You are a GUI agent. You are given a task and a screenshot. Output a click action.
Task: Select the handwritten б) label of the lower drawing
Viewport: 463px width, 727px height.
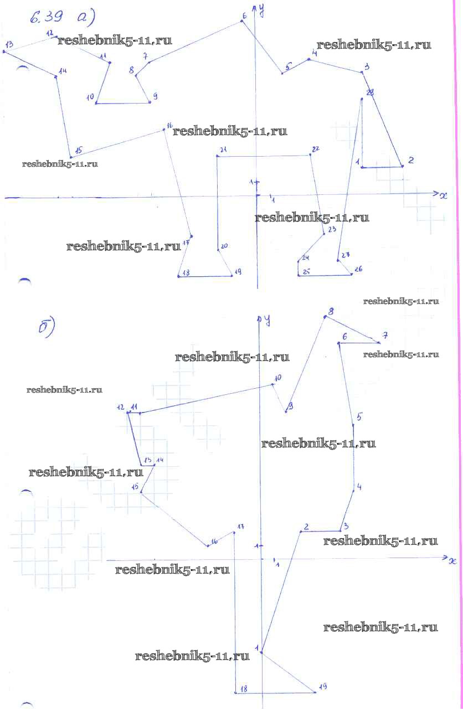[x=47, y=328]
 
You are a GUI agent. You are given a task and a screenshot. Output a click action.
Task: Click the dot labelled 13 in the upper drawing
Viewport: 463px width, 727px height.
[x=4, y=51]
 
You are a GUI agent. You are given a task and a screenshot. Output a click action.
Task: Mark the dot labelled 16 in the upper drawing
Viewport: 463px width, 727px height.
[x=164, y=130]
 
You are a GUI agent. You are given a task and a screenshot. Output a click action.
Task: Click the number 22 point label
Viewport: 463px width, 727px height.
[x=316, y=149]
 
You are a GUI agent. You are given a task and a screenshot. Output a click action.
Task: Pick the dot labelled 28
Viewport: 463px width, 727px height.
[x=362, y=99]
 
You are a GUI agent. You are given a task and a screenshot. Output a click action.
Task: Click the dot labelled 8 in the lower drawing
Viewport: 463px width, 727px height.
[x=326, y=317]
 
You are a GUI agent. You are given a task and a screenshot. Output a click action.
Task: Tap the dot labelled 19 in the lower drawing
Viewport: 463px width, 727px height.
[x=314, y=692]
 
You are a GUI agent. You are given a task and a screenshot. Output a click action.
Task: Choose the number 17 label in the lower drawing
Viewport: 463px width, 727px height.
[x=240, y=526]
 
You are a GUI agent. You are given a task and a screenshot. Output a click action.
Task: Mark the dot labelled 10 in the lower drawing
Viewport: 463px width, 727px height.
[x=272, y=384]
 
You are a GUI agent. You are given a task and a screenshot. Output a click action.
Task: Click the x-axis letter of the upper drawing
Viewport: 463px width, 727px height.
[x=443, y=196]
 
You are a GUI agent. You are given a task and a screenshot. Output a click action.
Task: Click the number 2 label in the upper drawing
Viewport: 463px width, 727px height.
[x=410, y=160]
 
